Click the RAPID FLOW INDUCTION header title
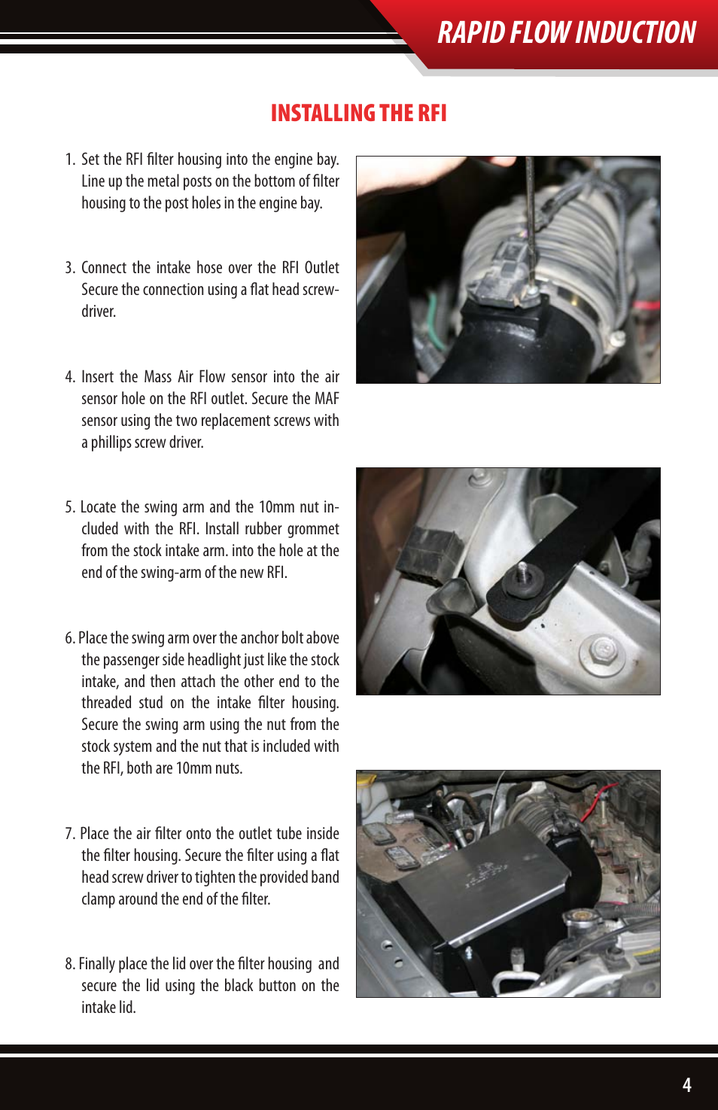pyautogui.click(x=567, y=32)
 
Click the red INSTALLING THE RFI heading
pyautogui.click(x=359, y=113)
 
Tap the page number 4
pyautogui.click(x=687, y=1084)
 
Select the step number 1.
pyautogui.click(x=69, y=160)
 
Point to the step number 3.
pyautogui.click(x=69, y=268)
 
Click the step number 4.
pyautogui.click(x=69, y=377)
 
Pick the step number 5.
pyautogui.click(x=69, y=507)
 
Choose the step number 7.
pyautogui.click(x=69, y=834)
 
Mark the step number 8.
pyautogui.click(x=69, y=964)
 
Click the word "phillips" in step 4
pyautogui.click(x=109, y=442)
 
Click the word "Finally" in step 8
pyautogui.click(x=93, y=964)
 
